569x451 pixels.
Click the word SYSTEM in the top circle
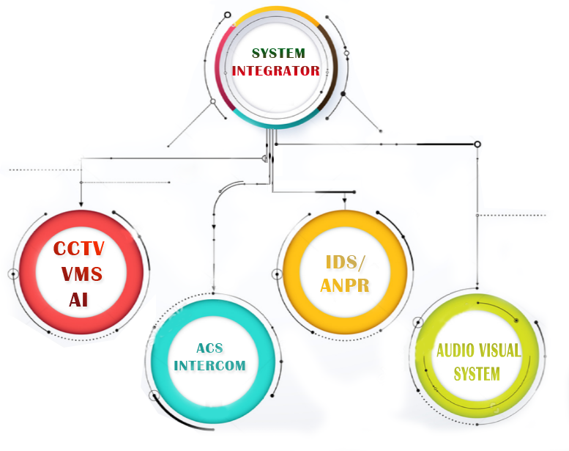click(278, 54)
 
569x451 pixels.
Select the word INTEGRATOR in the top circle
click(276, 71)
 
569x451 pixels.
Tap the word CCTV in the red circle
click(79, 249)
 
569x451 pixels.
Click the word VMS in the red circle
click(81, 275)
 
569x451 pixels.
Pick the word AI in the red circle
click(79, 299)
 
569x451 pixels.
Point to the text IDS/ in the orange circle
click(344, 263)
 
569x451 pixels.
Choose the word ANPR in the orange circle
click(344, 285)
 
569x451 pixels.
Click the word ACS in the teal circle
click(210, 348)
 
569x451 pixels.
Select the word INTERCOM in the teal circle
click(210, 365)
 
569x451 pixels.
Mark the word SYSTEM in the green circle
click(477, 374)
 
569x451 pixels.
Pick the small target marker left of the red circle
click(12, 274)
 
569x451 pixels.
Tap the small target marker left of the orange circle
click(277, 274)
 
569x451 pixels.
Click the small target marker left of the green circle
click(418, 321)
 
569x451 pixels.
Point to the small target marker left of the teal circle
click(154, 396)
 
